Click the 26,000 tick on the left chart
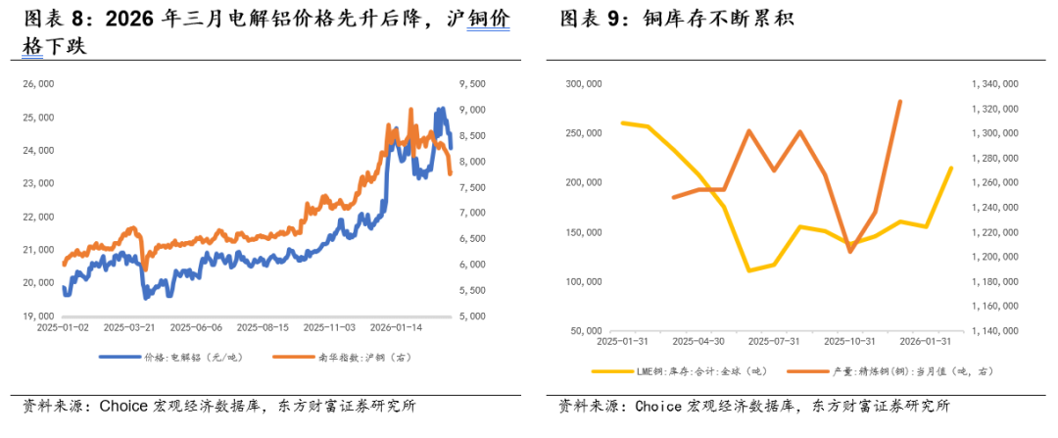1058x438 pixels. coord(37,85)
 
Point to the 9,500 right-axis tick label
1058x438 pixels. coord(471,85)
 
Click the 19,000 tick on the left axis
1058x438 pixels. coord(37,316)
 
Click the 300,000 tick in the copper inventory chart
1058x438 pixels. coord(584,84)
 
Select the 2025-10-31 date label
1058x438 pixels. coord(848,342)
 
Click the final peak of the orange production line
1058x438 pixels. coord(899,101)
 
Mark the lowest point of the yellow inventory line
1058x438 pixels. coord(749,270)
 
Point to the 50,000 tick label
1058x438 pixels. coord(587,331)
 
